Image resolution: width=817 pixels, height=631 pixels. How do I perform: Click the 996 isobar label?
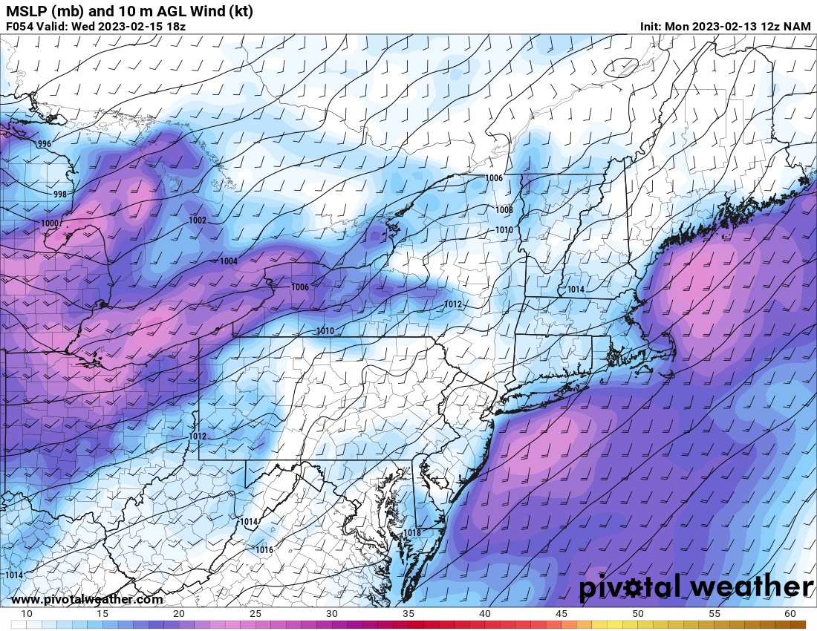(45, 144)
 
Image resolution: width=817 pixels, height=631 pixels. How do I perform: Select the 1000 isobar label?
(50, 223)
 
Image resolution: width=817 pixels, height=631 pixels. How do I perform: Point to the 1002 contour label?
(198, 220)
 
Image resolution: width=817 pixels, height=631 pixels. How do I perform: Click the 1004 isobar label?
(229, 261)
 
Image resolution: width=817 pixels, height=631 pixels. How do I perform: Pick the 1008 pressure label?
(504, 210)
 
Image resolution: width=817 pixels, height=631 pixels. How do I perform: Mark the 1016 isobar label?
(264, 550)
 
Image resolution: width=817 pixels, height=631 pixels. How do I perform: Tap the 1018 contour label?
(411, 533)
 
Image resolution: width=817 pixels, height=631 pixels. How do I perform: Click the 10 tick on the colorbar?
(27, 614)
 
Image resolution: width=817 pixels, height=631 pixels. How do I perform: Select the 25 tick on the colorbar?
(255, 614)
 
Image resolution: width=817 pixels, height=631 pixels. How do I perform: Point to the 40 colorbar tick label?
(485, 614)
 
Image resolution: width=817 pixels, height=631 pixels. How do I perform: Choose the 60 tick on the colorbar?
(790, 614)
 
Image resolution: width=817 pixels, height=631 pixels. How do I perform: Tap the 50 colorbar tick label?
(638, 614)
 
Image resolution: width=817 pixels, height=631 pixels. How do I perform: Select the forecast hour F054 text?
(19, 26)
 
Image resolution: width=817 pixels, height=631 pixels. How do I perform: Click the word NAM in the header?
(796, 26)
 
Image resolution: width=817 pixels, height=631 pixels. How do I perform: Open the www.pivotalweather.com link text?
(87, 599)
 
